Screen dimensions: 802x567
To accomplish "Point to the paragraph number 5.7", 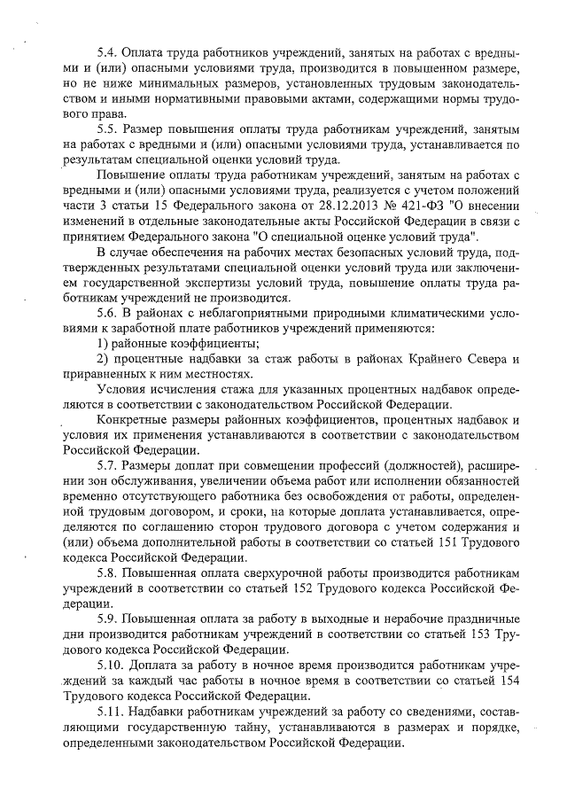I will (x=107, y=465).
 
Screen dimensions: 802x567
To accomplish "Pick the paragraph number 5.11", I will (x=111, y=711).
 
